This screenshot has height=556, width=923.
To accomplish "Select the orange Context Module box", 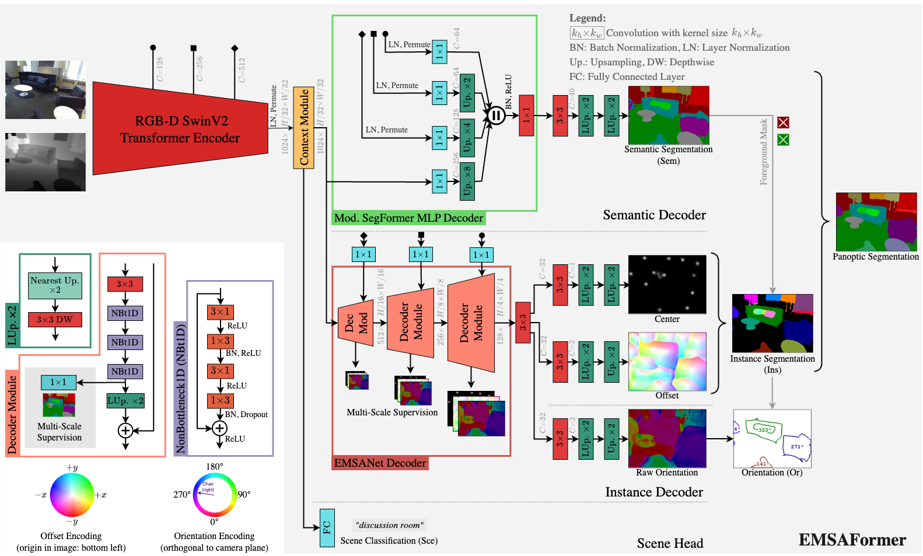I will (303, 127).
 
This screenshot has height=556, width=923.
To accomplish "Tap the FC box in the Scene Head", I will (327, 527).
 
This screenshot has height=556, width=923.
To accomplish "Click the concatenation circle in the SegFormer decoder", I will (496, 116).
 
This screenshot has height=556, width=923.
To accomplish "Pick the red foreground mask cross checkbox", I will (783, 123).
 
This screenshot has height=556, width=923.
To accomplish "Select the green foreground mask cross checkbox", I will (783, 140).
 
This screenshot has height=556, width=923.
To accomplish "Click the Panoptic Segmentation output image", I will (876, 222).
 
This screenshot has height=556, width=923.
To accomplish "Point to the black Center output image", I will (667, 284).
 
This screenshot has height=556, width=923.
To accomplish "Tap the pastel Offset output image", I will (667, 361).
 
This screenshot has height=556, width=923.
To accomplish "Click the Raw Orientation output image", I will (667, 438).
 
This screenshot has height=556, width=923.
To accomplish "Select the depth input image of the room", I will (46, 162).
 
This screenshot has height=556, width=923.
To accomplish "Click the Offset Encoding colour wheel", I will (72, 495).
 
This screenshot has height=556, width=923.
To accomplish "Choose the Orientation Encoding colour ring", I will (215, 495).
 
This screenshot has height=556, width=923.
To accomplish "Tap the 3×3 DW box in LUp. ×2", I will (55, 320).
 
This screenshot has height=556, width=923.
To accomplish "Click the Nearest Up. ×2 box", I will (55, 285).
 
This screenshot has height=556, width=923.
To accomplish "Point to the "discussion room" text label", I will (389, 525).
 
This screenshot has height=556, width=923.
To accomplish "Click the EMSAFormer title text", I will (852, 540).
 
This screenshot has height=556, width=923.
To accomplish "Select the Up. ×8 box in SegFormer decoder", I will (467, 181).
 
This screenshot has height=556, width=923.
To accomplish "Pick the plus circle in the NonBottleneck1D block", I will (219, 428).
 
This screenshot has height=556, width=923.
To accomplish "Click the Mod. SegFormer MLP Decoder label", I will (408, 218).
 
